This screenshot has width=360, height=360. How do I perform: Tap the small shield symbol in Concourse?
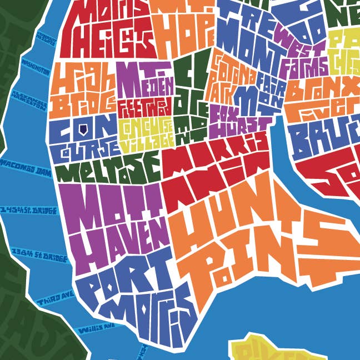pos(82,129)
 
